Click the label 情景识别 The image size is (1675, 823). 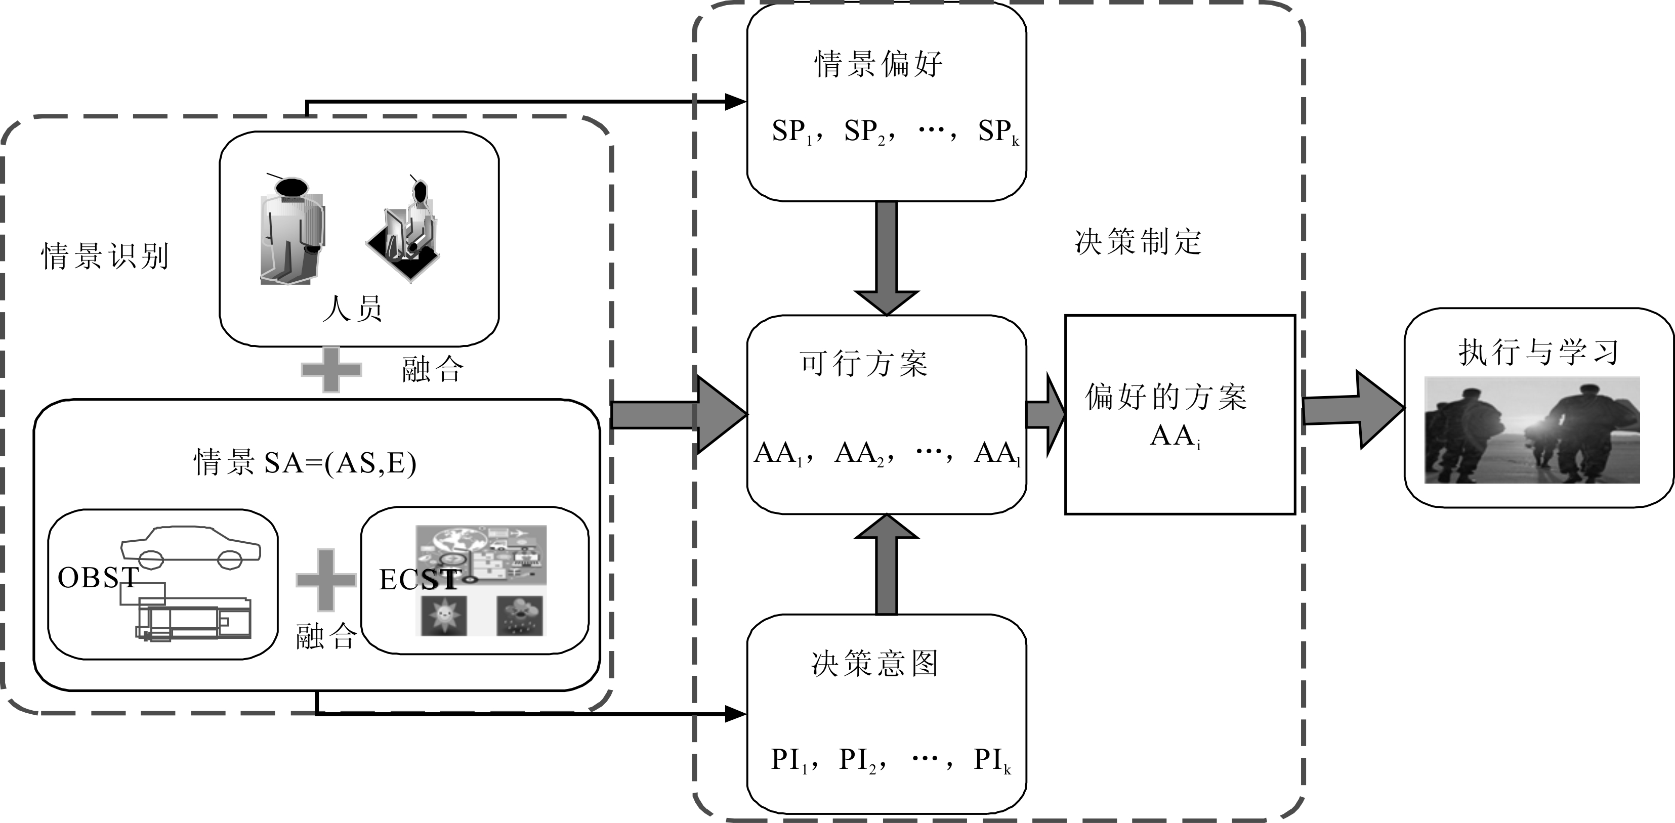105,256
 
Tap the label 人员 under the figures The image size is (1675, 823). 352,308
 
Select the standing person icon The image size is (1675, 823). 291,231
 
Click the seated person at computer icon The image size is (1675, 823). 407,231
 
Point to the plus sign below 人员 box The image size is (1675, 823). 331,369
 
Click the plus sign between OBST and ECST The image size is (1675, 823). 326,580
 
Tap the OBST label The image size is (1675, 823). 98,577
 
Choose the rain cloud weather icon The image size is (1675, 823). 520,615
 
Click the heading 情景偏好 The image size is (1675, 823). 878,64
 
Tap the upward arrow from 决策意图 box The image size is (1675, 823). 886,565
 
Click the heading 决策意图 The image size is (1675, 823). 874,664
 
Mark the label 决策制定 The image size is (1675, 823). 1138,242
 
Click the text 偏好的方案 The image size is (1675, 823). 1166,397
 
